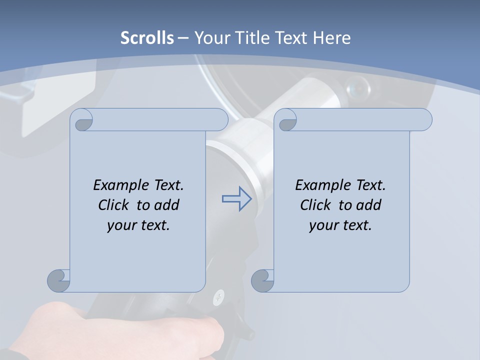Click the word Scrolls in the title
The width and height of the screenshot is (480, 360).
147,37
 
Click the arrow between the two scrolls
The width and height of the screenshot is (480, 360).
236,199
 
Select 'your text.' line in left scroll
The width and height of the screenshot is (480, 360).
138,225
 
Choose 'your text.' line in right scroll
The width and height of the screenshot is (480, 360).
340,225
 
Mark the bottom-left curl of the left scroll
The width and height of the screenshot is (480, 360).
59,280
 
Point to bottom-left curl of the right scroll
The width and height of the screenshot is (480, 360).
262,280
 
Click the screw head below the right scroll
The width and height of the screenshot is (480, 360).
218,299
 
